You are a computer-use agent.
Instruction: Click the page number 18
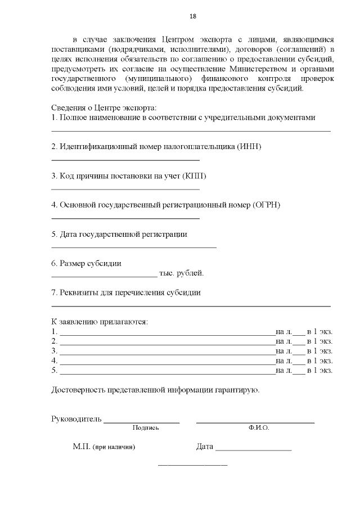[193, 17]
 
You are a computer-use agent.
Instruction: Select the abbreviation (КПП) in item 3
[194, 176]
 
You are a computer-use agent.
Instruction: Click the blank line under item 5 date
[134, 247]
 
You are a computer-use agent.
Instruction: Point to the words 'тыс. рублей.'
[182, 273]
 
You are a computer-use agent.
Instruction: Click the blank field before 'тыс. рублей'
[104, 276]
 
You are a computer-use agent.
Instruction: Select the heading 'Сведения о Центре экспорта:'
[103, 107]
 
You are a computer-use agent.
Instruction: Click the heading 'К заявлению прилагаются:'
[100, 322]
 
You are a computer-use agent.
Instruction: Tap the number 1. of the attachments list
[55, 332]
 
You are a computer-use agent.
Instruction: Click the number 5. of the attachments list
[55, 370]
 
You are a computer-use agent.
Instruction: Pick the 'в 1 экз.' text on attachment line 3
[319, 351]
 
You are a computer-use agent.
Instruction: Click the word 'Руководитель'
[76, 419]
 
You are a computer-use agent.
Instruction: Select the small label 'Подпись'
[146, 428]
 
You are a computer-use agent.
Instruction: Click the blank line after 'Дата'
[253, 450]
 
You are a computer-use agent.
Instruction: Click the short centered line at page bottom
[193, 465]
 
